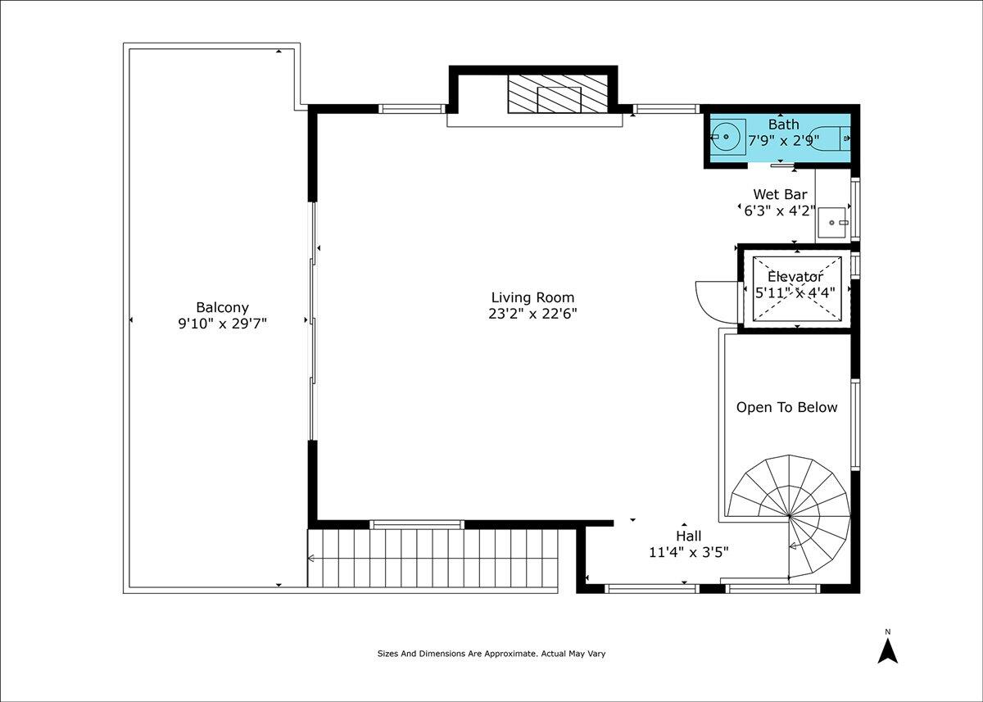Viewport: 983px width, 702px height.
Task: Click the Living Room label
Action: pos(532,297)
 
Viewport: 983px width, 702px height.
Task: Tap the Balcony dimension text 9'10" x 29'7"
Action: pos(223,324)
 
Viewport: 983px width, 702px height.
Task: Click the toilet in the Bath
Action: pos(829,138)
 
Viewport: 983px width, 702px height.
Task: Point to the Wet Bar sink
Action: pos(832,223)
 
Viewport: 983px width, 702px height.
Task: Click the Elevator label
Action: pos(795,277)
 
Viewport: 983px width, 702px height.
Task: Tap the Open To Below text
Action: pos(787,407)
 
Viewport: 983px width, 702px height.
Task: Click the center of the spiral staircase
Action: pos(790,516)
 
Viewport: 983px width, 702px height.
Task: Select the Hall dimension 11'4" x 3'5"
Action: pos(689,552)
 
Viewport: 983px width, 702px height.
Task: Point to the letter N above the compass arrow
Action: pos(888,632)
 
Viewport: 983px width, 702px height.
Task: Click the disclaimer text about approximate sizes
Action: pos(491,654)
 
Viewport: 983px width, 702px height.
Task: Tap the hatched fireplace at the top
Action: pos(558,94)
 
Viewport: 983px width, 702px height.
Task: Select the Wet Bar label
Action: pos(780,194)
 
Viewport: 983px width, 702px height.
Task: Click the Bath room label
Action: pos(784,125)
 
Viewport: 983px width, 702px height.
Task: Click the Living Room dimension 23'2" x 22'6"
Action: pos(532,314)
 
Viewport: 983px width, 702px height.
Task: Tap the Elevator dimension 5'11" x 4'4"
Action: pos(795,292)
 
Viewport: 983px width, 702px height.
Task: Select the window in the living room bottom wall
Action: pos(417,524)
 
